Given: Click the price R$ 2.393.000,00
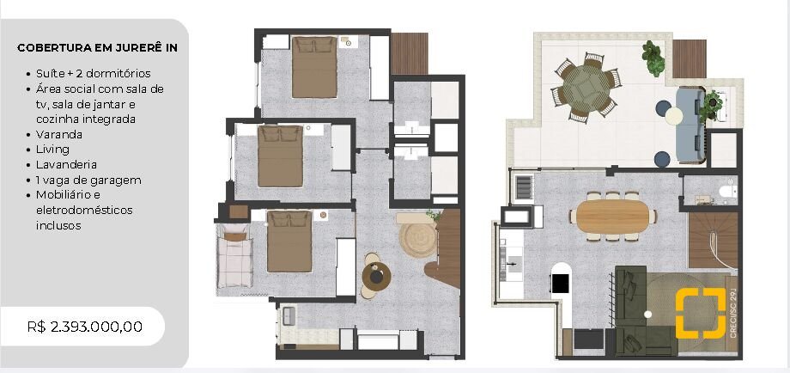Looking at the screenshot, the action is (85, 327).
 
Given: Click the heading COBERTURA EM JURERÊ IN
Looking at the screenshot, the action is (97, 48).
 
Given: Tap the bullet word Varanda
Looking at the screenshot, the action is (59, 135).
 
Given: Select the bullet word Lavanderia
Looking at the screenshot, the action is (66, 165).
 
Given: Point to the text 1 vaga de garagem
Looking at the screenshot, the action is (88, 180).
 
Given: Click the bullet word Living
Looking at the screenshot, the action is (52, 150).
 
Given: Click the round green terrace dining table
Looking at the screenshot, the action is (586, 89).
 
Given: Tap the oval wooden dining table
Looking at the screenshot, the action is (613, 217).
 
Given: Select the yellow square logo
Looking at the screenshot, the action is (701, 313).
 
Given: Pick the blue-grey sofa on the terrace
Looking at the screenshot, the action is (690, 125).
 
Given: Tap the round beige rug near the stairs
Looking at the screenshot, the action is (417, 240).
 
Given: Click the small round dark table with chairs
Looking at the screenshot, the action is (376, 276).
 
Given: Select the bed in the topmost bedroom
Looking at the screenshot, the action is (314, 66).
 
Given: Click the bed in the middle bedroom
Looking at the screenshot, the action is (281, 156).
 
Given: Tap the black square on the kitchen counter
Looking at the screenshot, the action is (560, 284).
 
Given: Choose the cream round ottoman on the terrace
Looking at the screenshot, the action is (673, 116).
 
